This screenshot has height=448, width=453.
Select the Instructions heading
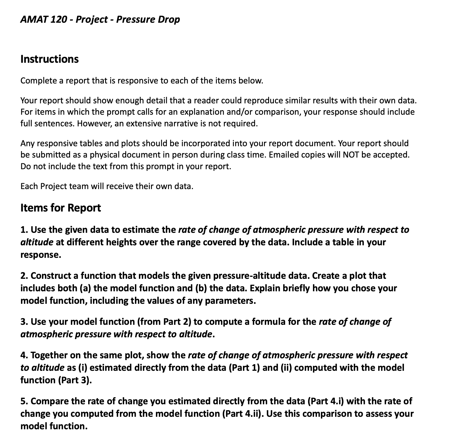click(x=50, y=59)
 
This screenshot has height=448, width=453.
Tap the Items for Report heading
click(x=60, y=208)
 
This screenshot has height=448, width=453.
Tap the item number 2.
click(x=24, y=276)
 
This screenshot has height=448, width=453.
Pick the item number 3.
click(x=24, y=322)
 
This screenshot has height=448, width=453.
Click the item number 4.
click(x=24, y=355)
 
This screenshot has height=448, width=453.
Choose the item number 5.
click(x=24, y=401)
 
